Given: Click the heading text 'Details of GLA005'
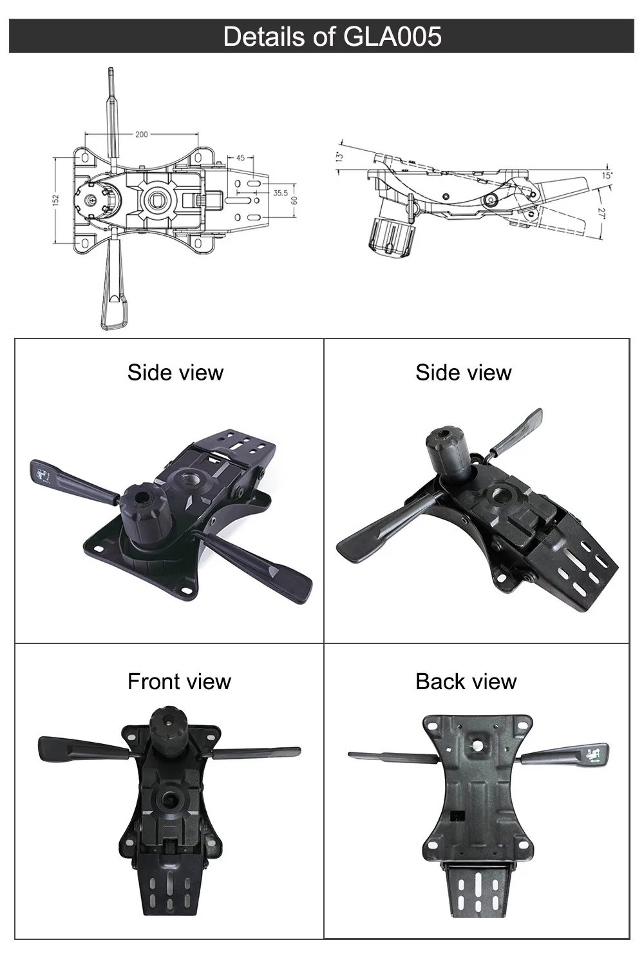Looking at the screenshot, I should pyautogui.click(x=332, y=36).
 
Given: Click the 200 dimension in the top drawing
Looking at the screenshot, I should pyautogui.click(x=141, y=135).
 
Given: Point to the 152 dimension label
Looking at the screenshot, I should pyautogui.click(x=56, y=201).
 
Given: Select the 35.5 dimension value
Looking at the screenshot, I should pyautogui.click(x=280, y=193).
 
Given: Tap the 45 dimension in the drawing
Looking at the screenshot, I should pyautogui.click(x=240, y=158).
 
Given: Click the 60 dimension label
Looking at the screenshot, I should pyautogui.click(x=295, y=200).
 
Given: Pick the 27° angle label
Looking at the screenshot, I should pyautogui.click(x=601, y=213).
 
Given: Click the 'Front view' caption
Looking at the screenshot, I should pyautogui.click(x=179, y=681).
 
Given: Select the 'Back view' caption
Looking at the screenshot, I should pyautogui.click(x=466, y=681).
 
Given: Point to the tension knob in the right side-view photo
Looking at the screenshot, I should pyautogui.click(x=450, y=455).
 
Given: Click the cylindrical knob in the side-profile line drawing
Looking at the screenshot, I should pyautogui.click(x=390, y=236).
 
